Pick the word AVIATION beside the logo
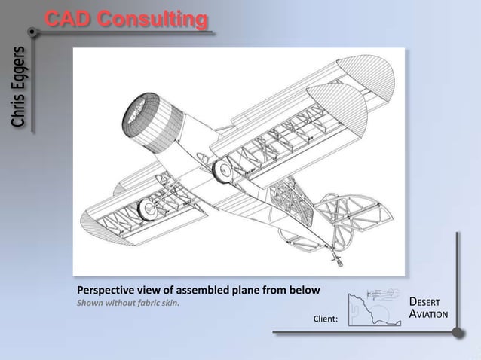[430, 314]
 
